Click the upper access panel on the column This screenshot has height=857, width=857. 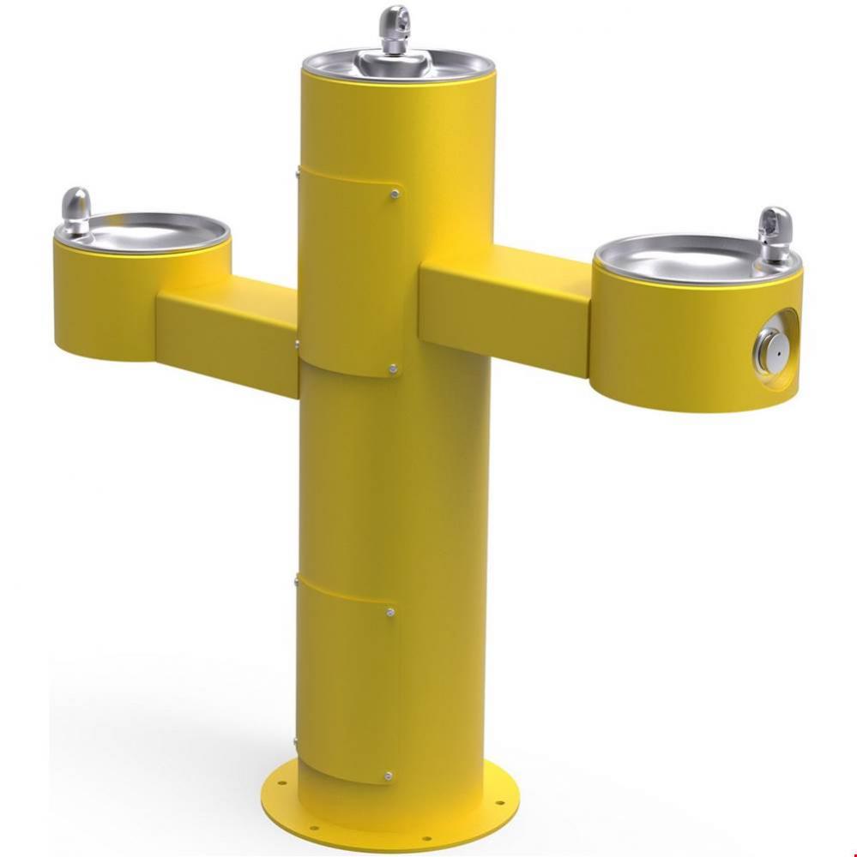pos(347,274)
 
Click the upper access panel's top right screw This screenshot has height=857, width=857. pos(394,194)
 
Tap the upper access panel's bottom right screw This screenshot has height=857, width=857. pos(393,369)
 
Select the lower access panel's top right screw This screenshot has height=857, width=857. pos(390,612)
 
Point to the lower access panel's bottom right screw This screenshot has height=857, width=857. pos(389,776)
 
